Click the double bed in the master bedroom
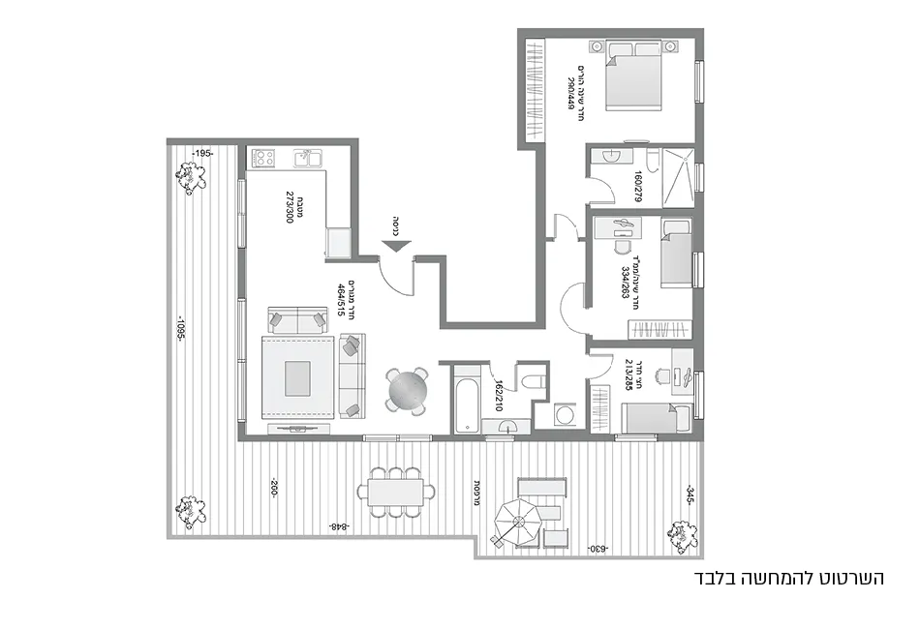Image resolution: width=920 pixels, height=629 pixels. pos(634,75)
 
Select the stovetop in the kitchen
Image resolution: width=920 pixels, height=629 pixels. pos(263,158)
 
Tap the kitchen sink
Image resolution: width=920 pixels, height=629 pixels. pos(307,158)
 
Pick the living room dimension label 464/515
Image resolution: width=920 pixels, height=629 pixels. pos(341,299)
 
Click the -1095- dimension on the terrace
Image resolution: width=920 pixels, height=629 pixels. pos(180,332)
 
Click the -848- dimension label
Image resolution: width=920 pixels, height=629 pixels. pos(338,526)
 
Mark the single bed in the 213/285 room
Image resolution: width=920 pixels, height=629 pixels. pos(655,419)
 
